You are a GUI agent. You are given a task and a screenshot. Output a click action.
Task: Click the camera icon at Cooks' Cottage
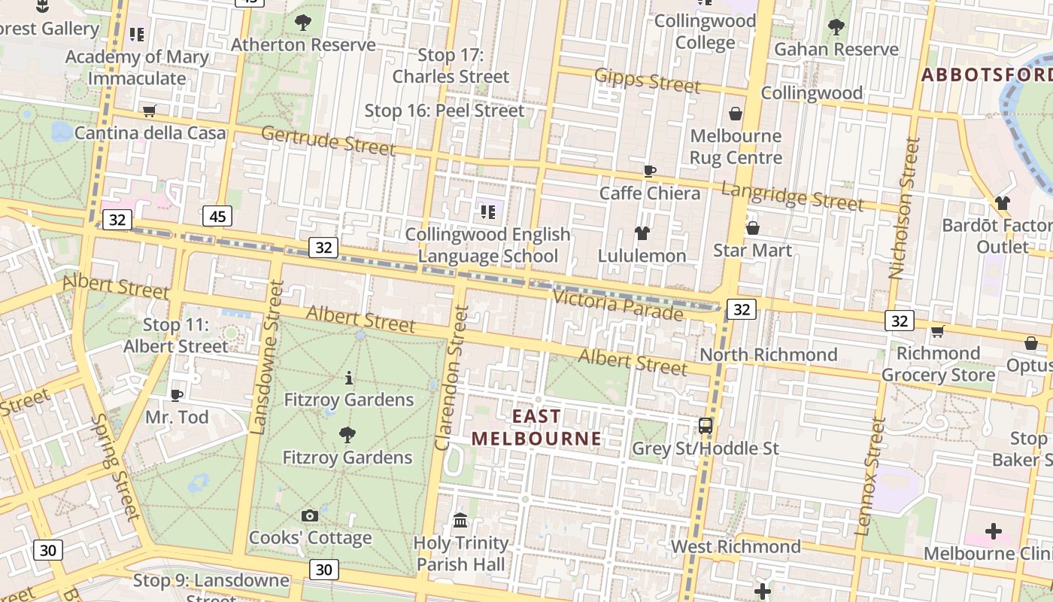tap(309, 515)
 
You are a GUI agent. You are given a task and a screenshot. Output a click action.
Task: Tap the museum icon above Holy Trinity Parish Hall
tap(460, 520)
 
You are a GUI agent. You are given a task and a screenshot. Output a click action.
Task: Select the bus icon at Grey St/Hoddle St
tap(706, 425)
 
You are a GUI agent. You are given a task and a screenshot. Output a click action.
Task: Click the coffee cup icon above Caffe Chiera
tap(650, 171)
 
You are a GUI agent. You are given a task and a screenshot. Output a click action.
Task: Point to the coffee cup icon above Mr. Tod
tap(176, 394)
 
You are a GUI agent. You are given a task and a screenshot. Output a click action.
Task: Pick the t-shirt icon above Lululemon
tap(642, 233)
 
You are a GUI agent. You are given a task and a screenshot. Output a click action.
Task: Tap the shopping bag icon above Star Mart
tap(752, 228)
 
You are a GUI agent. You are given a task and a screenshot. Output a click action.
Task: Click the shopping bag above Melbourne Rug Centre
tap(736, 114)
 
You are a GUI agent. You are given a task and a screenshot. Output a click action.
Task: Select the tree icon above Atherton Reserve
tap(303, 23)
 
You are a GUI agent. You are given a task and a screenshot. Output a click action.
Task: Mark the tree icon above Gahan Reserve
tap(836, 27)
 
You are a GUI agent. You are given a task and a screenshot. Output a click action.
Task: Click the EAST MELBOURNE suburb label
tap(536, 427)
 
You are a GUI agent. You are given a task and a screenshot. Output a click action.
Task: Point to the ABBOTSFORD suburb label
tap(986, 75)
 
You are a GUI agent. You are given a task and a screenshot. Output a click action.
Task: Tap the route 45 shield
tap(217, 217)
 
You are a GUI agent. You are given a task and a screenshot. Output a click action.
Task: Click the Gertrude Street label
tap(328, 141)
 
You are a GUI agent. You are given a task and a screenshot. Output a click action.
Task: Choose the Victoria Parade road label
tap(618, 304)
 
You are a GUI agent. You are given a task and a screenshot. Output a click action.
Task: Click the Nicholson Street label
tap(903, 208)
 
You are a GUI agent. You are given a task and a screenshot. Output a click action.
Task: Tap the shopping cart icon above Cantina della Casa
tap(149, 111)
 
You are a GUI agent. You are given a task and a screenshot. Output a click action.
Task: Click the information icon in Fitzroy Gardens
tap(348, 378)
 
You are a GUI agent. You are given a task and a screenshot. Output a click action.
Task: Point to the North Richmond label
tap(768, 354)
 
